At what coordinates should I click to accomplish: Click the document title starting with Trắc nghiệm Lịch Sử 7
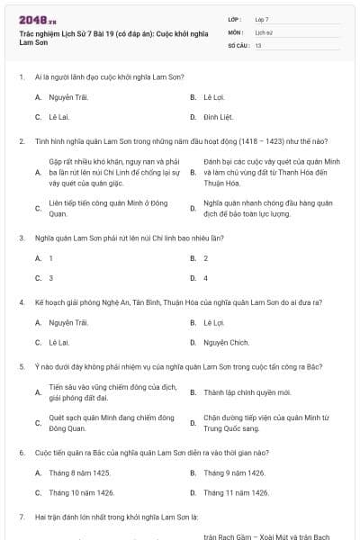(x=117, y=37)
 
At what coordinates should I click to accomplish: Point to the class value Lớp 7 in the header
(x=262, y=19)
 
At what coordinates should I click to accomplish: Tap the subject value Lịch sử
(x=263, y=31)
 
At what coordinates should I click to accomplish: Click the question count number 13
(x=258, y=45)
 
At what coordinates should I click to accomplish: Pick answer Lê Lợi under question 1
(x=213, y=96)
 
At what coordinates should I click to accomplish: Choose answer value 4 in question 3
(x=206, y=278)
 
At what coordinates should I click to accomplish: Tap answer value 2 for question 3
(x=206, y=258)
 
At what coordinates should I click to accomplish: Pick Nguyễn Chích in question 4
(x=226, y=343)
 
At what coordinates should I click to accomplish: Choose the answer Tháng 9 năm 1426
(x=234, y=472)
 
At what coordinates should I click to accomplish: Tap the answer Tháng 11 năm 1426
(x=236, y=492)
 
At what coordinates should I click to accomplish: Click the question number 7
(x=21, y=517)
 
